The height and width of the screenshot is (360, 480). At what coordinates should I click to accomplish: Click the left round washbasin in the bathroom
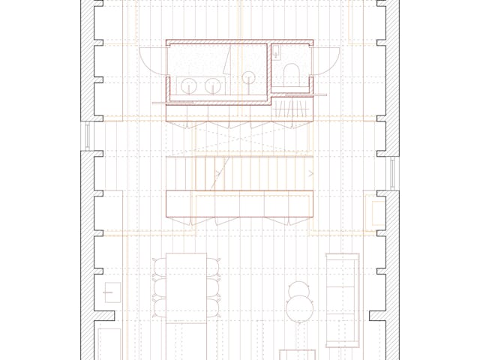pos(189,85)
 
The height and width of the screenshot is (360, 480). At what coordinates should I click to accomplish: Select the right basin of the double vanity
pos(212,85)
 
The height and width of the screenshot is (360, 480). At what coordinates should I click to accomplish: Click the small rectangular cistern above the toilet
pos(277,52)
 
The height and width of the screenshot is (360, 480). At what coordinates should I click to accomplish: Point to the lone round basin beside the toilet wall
pos(249,76)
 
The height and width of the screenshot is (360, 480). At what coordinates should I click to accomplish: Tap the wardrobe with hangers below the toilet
pos(290,112)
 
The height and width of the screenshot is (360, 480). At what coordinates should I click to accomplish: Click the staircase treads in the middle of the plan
pos(240,173)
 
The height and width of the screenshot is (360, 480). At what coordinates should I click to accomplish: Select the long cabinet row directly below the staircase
pos(240,203)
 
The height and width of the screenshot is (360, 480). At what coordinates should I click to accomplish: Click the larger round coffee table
pos(301,307)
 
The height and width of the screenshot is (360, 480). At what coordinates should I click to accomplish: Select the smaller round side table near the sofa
pos(299,288)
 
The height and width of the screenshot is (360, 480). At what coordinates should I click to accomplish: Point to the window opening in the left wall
pos(88,135)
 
